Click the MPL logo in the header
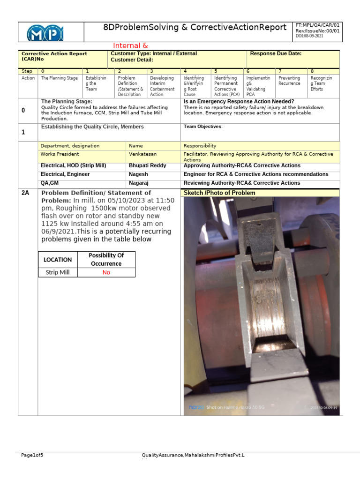(x=45, y=33)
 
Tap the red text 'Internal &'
(x=130, y=45)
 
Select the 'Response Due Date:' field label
(x=276, y=54)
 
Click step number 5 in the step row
(x=216, y=71)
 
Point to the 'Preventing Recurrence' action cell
(x=290, y=81)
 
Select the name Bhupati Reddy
(x=147, y=165)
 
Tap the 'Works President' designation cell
(x=60, y=154)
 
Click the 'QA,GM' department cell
(x=50, y=183)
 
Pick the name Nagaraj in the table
(x=140, y=183)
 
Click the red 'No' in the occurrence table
(x=106, y=272)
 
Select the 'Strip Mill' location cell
(x=58, y=272)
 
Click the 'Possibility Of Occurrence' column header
(x=106, y=259)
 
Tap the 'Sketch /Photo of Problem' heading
(x=219, y=193)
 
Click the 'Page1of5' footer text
(x=32, y=455)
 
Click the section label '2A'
(x=25, y=193)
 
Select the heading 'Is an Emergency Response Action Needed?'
(x=239, y=101)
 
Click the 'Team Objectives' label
(x=202, y=127)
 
